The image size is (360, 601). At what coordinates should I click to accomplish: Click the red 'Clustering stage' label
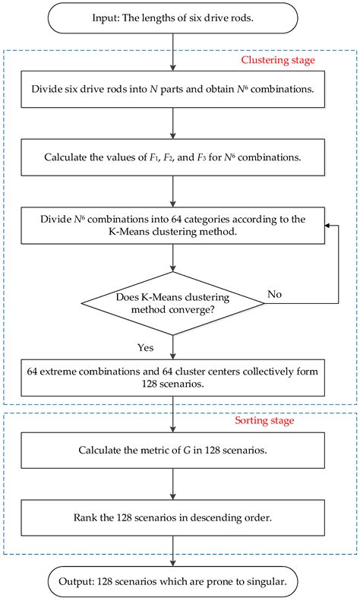(x=278, y=60)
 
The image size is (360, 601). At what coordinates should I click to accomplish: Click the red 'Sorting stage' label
(x=264, y=420)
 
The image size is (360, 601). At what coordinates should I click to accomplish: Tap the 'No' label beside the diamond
(x=275, y=294)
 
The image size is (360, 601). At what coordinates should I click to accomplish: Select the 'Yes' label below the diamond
(x=146, y=348)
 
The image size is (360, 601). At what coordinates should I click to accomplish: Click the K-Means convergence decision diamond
(x=172, y=304)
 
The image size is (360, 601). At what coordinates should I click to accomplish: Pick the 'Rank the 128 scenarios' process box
(x=172, y=518)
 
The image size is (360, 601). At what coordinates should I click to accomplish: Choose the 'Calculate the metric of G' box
(x=172, y=451)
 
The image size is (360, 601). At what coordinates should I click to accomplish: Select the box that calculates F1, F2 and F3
(x=172, y=157)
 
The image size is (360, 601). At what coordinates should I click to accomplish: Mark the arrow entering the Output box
(x=172, y=551)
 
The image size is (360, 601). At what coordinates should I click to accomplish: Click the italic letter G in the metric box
(x=187, y=450)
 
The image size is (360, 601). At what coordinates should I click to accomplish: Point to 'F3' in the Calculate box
(x=201, y=157)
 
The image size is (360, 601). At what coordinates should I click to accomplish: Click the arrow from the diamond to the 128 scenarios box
(x=172, y=347)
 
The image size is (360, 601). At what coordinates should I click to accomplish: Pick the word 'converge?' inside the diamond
(x=191, y=310)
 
